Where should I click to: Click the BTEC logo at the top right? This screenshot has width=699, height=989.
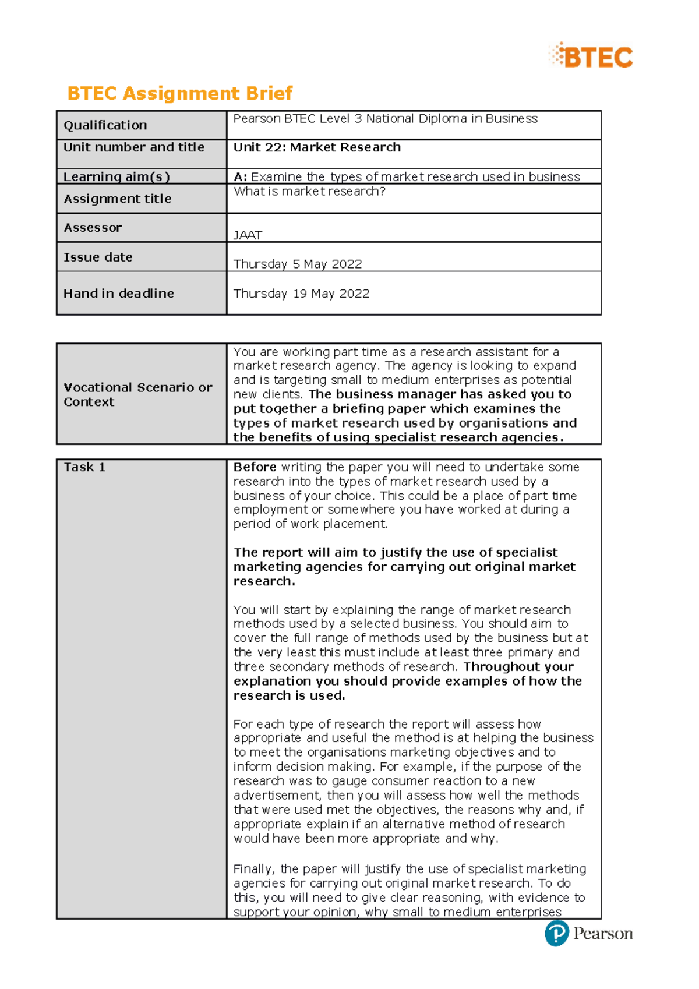tap(591, 56)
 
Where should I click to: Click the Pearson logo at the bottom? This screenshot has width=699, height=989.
tap(588, 934)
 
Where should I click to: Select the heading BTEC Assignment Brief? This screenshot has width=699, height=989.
tap(179, 93)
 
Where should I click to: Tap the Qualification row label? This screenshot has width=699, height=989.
tap(105, 125)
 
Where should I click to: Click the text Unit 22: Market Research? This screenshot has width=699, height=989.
tap(317, 147)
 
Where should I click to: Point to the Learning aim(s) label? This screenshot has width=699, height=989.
tap(116, 176)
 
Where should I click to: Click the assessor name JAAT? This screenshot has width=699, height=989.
tap(248, 235)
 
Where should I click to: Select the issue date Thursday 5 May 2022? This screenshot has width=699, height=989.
tap(298, 264)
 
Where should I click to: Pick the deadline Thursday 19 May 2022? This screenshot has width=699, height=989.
tap(301, 294)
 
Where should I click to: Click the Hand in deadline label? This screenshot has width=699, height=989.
tap(118, 294)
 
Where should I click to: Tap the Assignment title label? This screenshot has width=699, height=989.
tap(117, 199)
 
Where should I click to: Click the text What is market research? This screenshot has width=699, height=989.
tap(309, 192)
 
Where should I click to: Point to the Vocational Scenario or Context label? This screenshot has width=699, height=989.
tap(137, 394)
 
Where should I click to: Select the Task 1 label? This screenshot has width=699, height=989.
tap(84, 467)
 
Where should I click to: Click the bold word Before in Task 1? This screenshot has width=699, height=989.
tap(255, 467)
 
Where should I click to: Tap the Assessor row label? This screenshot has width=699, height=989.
tap(93, 228)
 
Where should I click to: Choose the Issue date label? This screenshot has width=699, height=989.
tap(98, 257)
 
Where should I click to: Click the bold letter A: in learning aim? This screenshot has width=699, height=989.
tap(240, 176)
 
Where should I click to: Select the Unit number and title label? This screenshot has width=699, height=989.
tap(133, 147)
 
